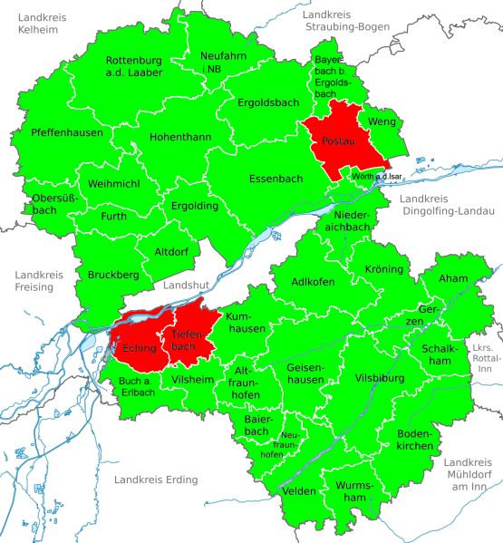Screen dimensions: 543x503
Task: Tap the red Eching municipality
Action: tap(135, 346)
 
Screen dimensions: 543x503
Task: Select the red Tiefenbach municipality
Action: tap(185, 339)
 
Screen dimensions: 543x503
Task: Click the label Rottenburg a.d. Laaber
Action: tap(133, 66)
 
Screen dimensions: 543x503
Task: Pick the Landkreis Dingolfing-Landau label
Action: tap(447, 205)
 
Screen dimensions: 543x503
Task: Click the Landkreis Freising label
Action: tap(34, 280)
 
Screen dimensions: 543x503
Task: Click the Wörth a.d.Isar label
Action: tap(377, 176)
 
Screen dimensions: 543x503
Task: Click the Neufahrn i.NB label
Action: tap(222, 62)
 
